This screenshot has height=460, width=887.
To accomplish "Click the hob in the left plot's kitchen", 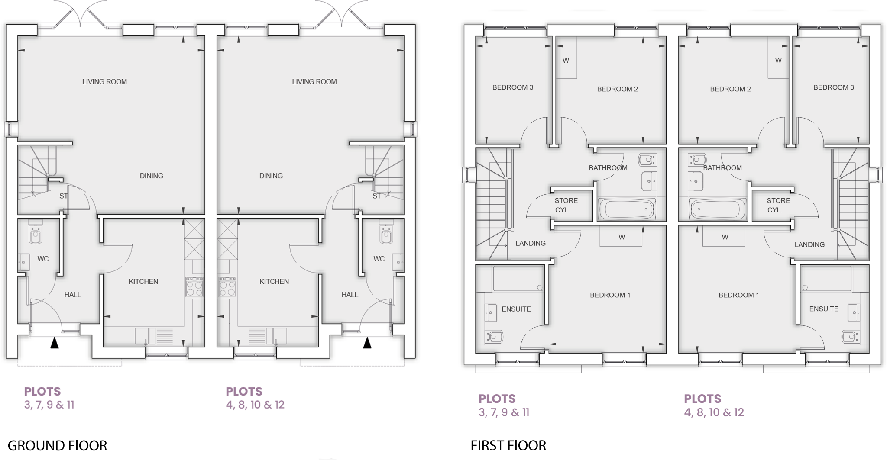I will pos(194,287).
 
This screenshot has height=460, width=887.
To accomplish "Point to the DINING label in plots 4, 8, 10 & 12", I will pos(271,176).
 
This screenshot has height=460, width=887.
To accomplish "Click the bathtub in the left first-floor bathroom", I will pos(627,209).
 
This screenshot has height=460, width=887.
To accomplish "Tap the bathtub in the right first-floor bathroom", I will pos(717,209).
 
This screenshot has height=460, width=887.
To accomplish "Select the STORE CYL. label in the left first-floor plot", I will pos(566,205).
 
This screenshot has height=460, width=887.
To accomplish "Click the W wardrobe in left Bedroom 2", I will pos(566,60).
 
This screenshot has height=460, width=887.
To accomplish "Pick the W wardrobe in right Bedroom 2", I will pos(778,60).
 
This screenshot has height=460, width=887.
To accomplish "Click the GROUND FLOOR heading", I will pos(57,445).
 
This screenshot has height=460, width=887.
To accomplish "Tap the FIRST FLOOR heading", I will pos(508,445).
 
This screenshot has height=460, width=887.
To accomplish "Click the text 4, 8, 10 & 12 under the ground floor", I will pos(255,405).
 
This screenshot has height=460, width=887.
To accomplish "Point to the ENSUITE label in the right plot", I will pos(823,309).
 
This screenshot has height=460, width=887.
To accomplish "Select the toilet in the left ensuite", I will pos(494,336).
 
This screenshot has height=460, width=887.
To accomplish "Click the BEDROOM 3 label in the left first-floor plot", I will pos(512,87).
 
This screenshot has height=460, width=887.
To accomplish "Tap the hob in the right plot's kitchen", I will pos(227,287).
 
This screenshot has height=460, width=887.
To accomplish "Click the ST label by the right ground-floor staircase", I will pos(376,196).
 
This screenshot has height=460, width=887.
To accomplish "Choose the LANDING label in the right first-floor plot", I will pos(809,244).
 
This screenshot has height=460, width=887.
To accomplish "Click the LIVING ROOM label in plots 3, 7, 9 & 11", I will pos(104,81).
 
